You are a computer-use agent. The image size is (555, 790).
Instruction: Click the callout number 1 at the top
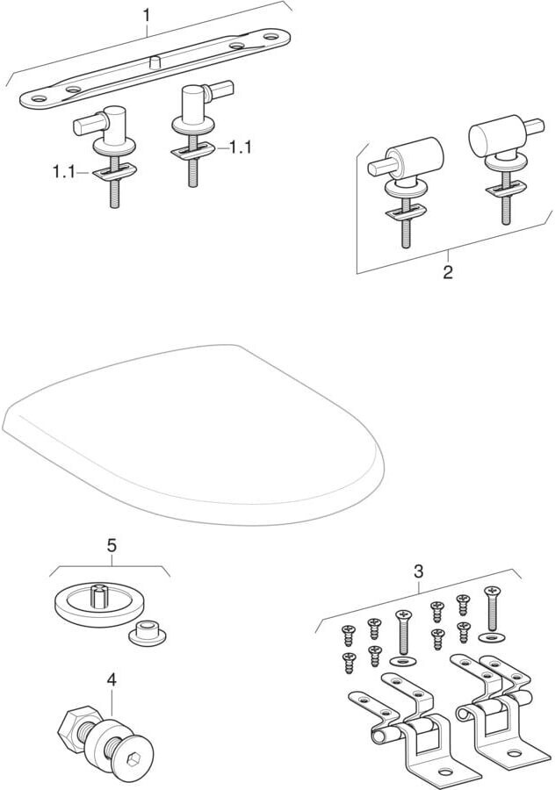coord(146,16)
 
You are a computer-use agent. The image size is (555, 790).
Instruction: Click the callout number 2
coord(448,273)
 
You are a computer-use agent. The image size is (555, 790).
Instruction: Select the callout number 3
coord(418,571)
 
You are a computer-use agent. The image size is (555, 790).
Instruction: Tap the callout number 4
coord(112,679)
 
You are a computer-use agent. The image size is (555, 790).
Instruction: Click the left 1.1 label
coord(64,172)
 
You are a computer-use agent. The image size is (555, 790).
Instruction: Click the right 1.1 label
coord(240,147)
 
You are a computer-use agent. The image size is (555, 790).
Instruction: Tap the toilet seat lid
coord(194,434)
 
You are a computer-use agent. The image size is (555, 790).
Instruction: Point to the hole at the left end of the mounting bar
coord(40,98)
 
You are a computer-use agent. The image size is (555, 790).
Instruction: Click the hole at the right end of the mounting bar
coord(270,37)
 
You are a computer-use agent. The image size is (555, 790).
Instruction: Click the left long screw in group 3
coord(403,632)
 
